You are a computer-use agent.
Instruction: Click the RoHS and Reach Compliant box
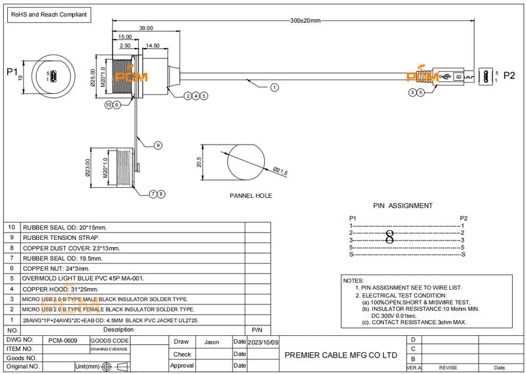pos(46,13)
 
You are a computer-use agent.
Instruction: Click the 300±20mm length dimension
pos(305,21)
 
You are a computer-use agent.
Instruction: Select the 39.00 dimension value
pos(146,28)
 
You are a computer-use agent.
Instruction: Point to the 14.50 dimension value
pos(153,45)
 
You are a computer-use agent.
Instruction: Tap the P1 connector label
pos(11,72)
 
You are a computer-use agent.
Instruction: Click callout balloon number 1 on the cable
pos(274,87)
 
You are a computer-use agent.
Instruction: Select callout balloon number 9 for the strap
pos(158,145)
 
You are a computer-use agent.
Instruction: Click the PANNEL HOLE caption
pos(251,195)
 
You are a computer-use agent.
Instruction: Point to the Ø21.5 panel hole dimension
pos(281,172)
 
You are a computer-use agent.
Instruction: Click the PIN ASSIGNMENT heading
pos(402,206)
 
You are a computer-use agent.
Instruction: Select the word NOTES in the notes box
pos(354,281)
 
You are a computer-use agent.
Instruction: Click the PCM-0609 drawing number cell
pos(63,341)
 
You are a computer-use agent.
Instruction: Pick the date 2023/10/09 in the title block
pos(263,342)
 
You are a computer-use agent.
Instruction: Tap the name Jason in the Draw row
pos(212,342)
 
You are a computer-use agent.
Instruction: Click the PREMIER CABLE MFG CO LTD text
pos(341,354)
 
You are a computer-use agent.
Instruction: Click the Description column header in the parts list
pos(118,329)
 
